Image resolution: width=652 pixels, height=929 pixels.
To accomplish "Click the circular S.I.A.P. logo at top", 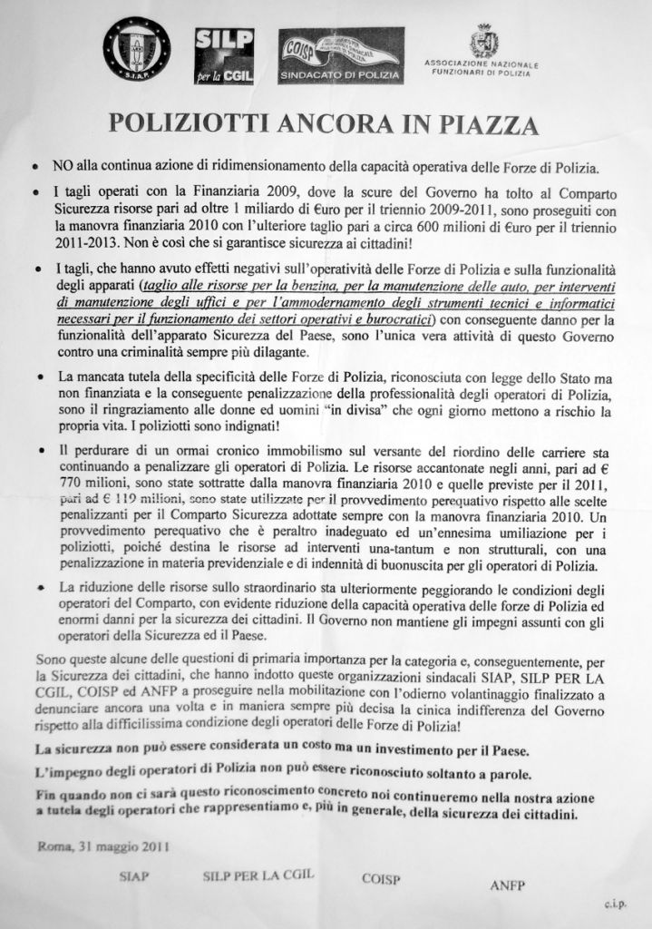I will [x=136, y=49].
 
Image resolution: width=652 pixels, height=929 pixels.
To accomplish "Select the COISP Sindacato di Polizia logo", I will [x=341, y=55].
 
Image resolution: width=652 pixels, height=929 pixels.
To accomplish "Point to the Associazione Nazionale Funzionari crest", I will [x=482, y=41].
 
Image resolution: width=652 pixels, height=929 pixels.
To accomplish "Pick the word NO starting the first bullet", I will [x=62, y=167].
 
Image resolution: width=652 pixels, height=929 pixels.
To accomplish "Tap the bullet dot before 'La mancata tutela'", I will [x=41, y=376].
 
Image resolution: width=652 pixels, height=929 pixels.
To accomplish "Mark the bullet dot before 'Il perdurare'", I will [x=41, y=450].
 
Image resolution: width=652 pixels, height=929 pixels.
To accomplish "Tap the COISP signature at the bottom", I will [x=381, y=879].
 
